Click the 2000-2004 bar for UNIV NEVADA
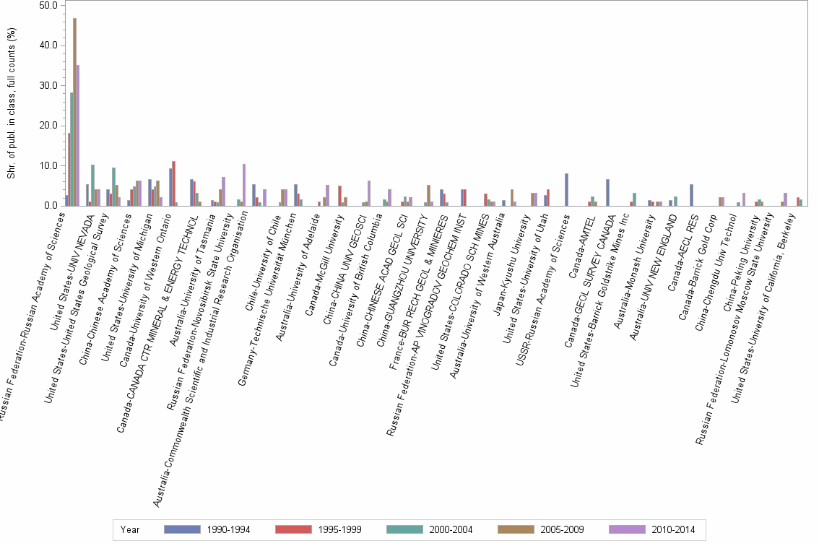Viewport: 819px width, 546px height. tap(92, 186)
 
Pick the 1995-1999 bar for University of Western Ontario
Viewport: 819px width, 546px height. tap(173, 183)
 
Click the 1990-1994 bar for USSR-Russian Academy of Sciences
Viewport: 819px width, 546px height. tap(566, 190)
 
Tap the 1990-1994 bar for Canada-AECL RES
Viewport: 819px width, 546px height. tap(692, 195)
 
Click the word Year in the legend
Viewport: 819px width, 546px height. tap(131, 529)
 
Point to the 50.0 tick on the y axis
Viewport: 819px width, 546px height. tap(48, 6)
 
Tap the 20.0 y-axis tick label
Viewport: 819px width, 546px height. tap(48, 126)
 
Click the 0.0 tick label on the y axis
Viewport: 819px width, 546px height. tap(50, 206)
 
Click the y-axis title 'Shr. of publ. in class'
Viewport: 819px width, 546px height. tap(11, 105)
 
